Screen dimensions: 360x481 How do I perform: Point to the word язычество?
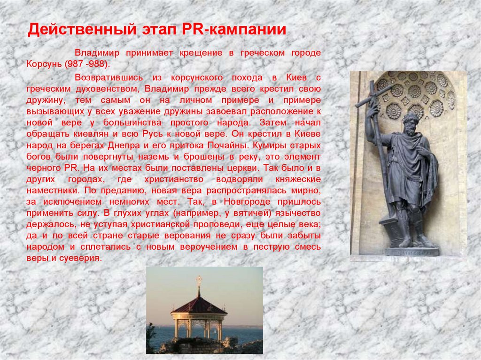(297, 213)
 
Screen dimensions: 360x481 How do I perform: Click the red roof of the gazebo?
(199, 306)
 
